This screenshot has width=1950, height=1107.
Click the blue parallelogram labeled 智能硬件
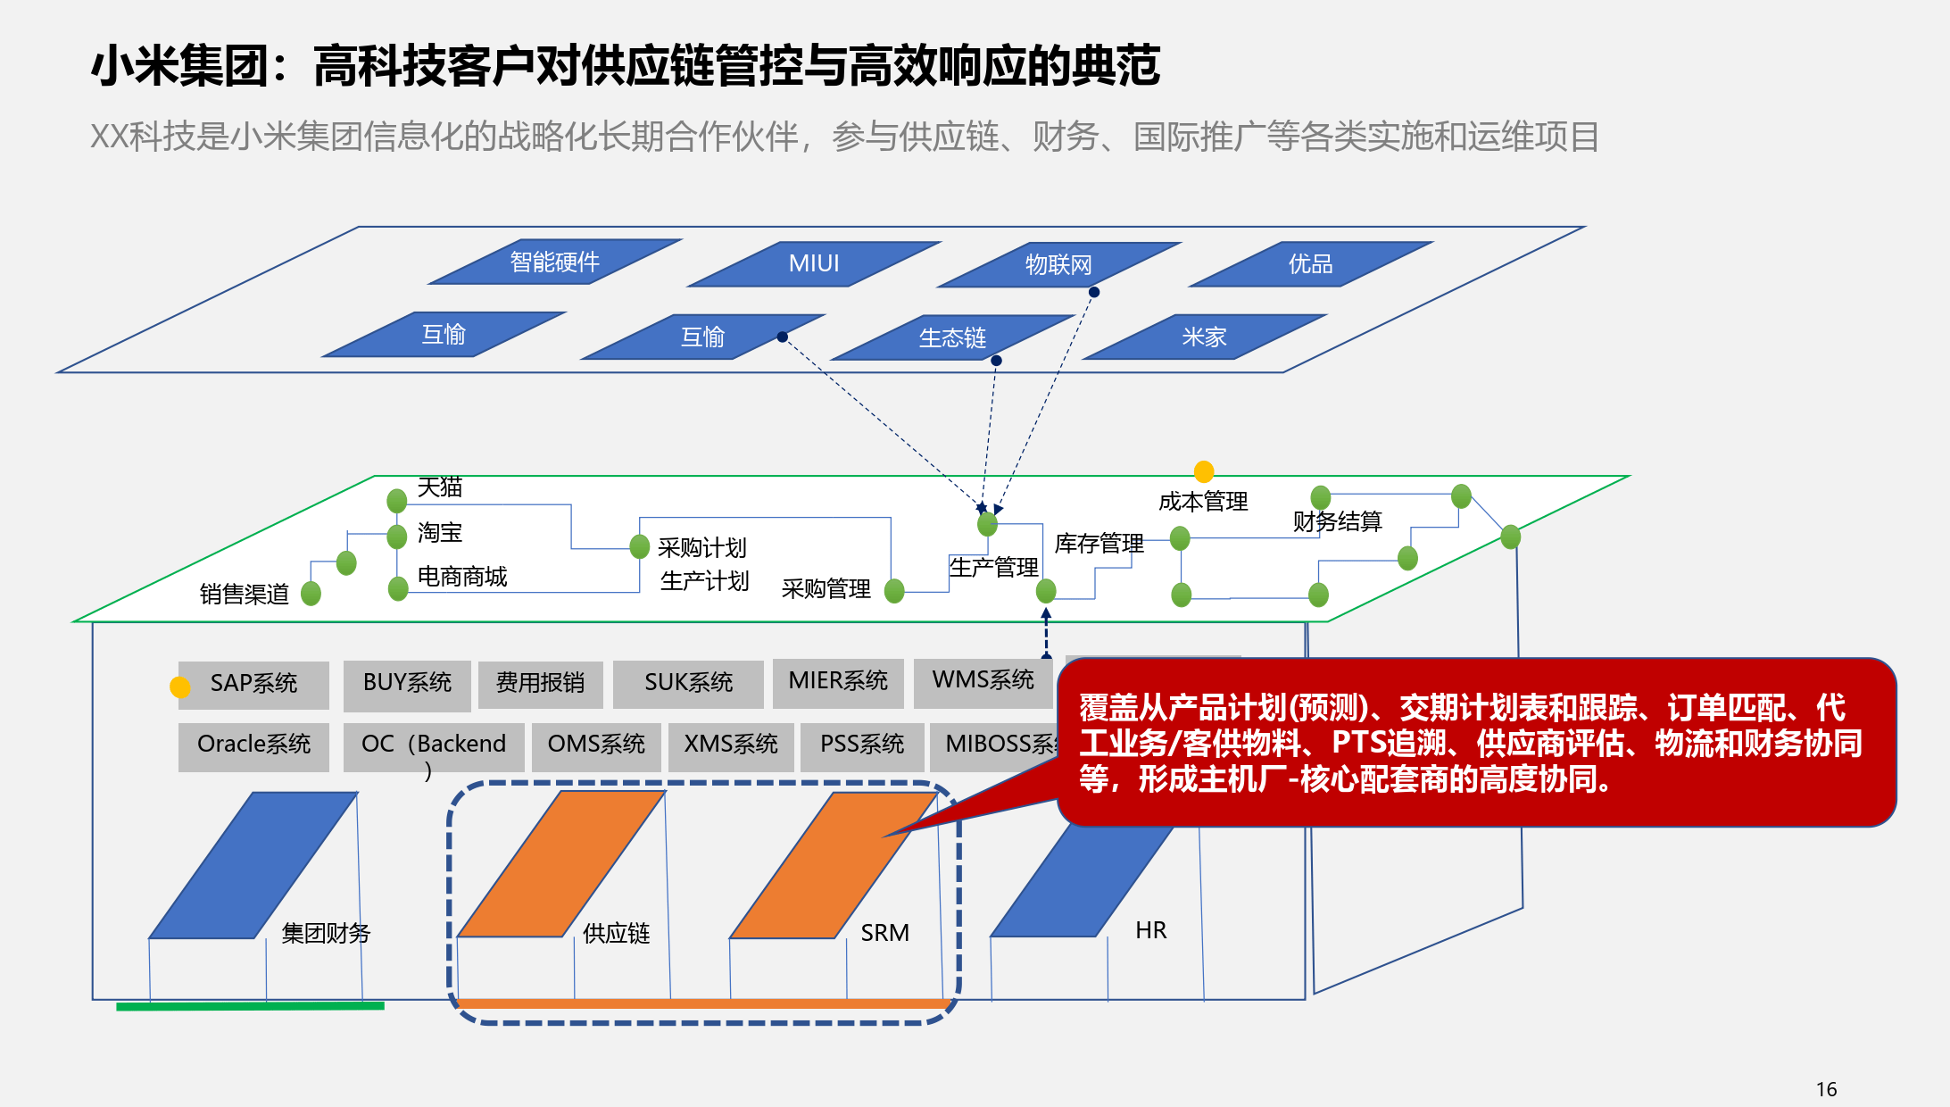click(555, 262)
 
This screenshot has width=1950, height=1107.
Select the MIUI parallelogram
click(814, 264)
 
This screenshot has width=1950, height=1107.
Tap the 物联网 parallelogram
click(1058, 265)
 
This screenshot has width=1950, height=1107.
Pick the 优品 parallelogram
click(1310, 264)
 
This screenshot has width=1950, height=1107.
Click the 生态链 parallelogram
click(952, 337)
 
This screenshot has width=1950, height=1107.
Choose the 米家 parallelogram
click(1204, 337)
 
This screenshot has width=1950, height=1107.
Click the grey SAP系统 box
click(253, 684)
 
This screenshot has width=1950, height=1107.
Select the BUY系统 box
click(407, 684)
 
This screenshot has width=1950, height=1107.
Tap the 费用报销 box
click(540, 684)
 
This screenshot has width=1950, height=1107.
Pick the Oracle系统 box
click(253, 745)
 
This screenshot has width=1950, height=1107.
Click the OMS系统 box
click(596, 745)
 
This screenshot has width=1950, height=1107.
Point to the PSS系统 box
click(861, 745)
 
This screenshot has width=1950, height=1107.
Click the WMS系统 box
click(983, 681)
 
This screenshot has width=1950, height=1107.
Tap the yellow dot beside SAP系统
click(180, 687)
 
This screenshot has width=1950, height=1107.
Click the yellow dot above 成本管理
click(1204, 470)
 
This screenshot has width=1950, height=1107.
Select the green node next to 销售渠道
click(311, 593)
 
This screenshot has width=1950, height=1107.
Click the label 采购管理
click(826, 589)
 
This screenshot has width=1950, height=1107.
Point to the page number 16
click(1826, 1089)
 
